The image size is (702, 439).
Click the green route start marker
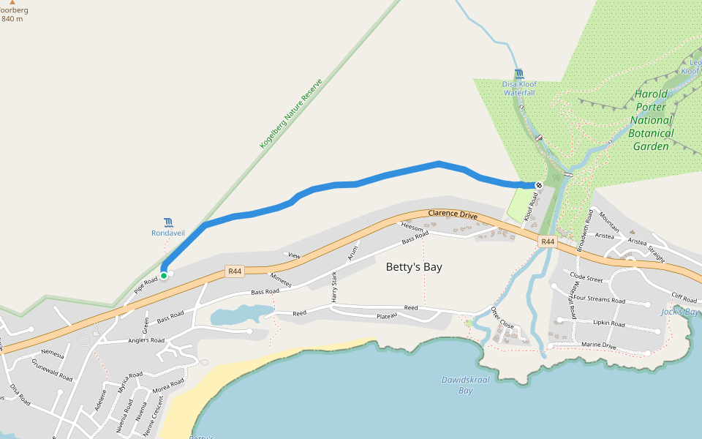(164, 275)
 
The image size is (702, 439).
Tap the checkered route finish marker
(539, 185)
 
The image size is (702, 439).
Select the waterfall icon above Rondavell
(169, 222)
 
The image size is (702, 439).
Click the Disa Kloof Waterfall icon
(518, 73)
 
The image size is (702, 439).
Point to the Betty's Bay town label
(414, 267)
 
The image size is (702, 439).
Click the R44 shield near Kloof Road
(547, 241)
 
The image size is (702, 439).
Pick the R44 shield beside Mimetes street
(235, 271)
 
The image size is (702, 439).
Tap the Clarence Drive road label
(453, 216)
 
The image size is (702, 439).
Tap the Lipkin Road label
(608, 323)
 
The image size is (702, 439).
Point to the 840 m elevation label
(12, 19)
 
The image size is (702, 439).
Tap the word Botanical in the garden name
(651, 133)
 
